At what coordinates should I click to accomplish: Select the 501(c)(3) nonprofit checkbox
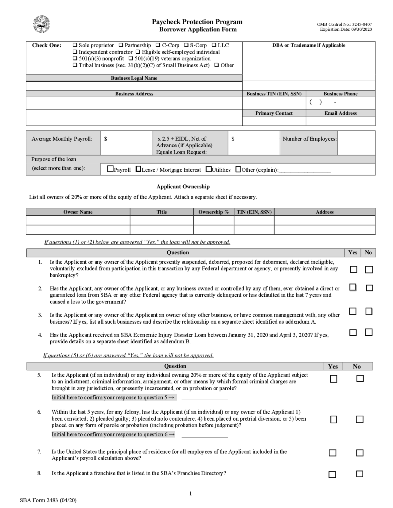[75, 58]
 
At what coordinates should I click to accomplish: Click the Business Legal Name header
[134, 78]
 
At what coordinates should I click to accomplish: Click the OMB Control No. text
[344, 25]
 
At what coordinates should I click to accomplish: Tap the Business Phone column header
[340, 94]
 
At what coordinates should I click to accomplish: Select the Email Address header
[340, 113]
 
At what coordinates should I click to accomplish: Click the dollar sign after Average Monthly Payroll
[106, 139]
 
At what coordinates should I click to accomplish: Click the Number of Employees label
[309, 139]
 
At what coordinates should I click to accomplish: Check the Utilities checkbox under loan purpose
[209, 169]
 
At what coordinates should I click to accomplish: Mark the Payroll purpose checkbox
[110, 169]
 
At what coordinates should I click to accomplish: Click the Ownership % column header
[213, 212]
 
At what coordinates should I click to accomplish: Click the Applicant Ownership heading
[183, 187]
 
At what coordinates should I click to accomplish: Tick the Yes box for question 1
[354, 269]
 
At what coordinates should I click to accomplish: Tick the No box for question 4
[369, 332]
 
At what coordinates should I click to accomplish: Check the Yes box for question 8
[332, 475]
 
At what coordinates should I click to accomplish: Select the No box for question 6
[360, 419]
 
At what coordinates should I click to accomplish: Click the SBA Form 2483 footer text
[48, 500]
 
